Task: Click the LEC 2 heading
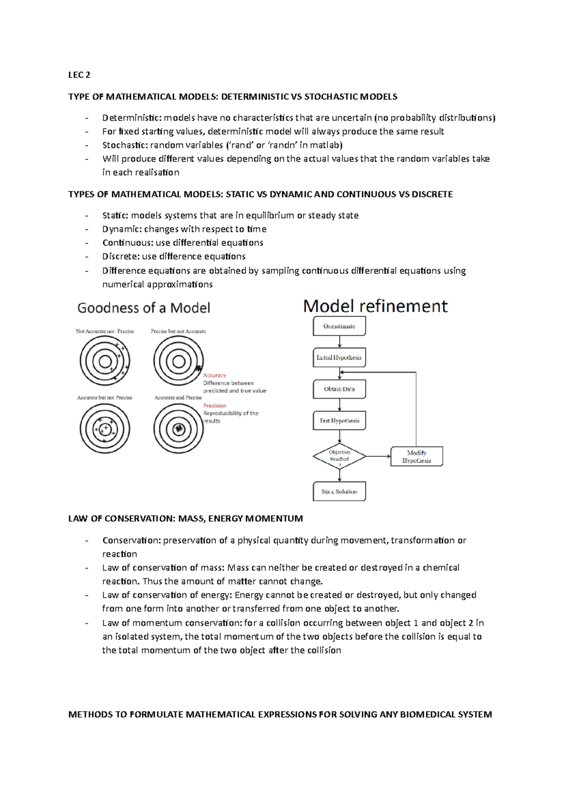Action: click(x=79, y=75)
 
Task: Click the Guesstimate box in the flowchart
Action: click(x=339, y=326)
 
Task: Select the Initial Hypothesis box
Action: click(x=339, y=358)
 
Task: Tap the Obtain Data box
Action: click(x=339, y=389)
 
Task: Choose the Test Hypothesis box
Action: click(x=339, y=421)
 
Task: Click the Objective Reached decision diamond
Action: click(x=339, y=456)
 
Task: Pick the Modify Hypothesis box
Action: click(x=416, y=456)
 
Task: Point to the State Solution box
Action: click(x=339, y=492)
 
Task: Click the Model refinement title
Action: click(x=375, y=306)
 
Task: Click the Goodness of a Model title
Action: click(x=143, y=308)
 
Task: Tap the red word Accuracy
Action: click(x=214, y=376)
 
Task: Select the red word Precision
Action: click(x=214, y=406)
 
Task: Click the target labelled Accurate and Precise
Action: click(x=179, y=429)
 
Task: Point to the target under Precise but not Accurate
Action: click(x=179, y=361)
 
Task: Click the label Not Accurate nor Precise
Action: click(x=105, y=331)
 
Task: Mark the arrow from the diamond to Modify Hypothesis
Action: click(x=378, y=456)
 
